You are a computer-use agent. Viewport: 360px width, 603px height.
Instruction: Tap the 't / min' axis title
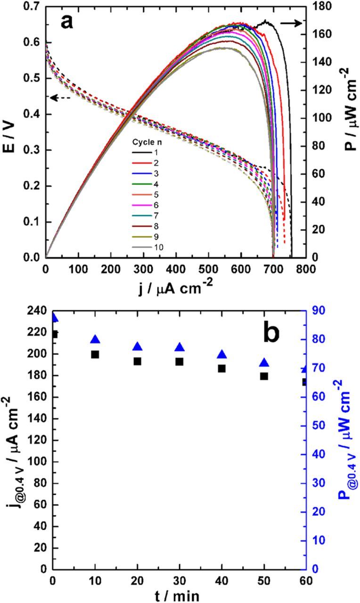(x=180, y=595)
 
